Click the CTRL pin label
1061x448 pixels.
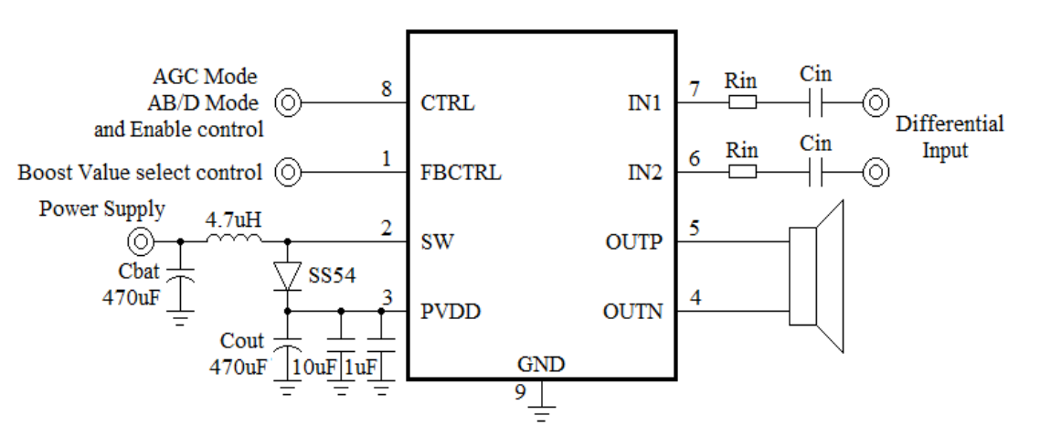[x=448, y=102]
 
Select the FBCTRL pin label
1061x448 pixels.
[x=461, y=172]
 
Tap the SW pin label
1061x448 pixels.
[x=435, y=242]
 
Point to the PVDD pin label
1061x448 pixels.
[x=451, y=312]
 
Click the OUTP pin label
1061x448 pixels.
[x=631, y=242]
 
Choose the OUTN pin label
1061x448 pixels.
[x=631, y=312]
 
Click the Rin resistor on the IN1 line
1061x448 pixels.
[x=742, y=102]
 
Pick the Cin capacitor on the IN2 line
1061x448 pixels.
[x=816, y=172]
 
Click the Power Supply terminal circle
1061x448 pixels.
[x=142, y=242]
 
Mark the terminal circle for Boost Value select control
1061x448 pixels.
[x=288, y=172]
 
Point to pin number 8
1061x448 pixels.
[x=387, y=89]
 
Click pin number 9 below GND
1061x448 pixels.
[x=521, y=391]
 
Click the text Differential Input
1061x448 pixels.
[x=950, y=137]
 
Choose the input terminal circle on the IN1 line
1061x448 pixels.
[x=875, y=102]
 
